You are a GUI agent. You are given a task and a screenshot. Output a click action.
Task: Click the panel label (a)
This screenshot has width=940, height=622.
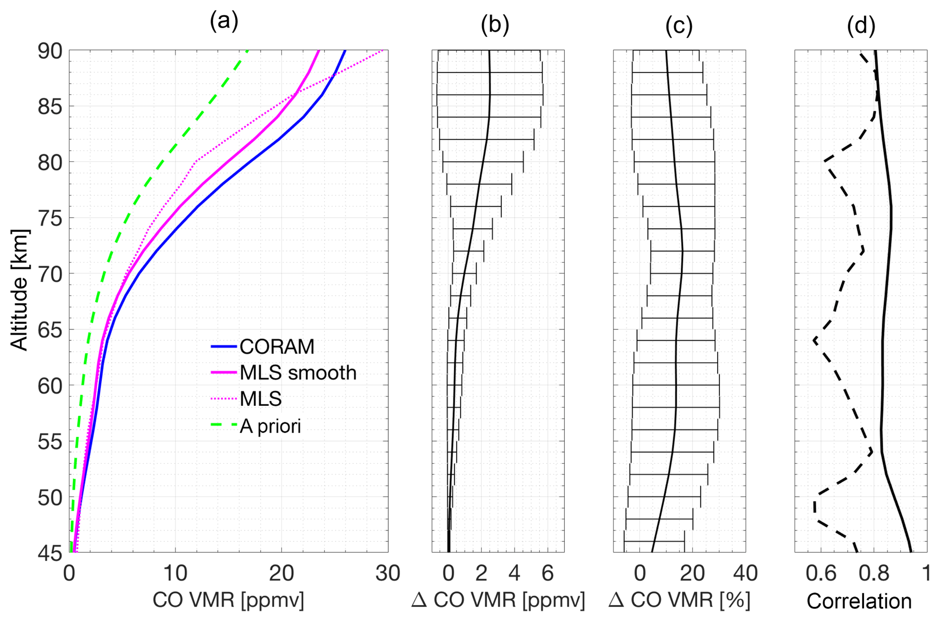click(224, 21)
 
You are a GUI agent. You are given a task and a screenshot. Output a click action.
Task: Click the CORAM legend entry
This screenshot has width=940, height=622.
click(276, 347)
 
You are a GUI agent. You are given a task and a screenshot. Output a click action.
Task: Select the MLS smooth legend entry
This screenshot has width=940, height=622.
click(298, 373)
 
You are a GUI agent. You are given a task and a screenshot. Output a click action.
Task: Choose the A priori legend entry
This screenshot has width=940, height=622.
click(270, 426)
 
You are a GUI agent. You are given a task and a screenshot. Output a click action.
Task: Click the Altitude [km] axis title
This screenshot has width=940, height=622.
click(19, 290)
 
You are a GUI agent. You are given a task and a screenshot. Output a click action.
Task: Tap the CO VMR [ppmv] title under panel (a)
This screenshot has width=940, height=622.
click(228, 600)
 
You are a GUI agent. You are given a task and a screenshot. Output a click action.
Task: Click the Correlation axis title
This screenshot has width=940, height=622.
click(859, 601)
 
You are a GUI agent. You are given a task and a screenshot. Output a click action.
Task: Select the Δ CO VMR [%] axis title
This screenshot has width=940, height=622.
click(679, 600)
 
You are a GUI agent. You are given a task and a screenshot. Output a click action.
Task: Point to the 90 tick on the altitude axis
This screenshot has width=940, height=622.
click(50, 51)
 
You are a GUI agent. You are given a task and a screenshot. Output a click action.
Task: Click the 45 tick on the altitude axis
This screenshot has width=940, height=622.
click(50, 553)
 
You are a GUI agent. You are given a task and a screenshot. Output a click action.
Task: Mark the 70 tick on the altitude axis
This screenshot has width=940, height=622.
click(50, 274)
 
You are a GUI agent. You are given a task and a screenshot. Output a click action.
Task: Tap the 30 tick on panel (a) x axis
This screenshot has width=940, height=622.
click(387, 573)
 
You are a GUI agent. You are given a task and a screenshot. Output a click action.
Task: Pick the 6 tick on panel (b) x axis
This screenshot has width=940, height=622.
click(548, 573)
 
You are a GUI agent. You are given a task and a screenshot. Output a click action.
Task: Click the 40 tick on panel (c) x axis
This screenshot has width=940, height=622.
click(745, 573)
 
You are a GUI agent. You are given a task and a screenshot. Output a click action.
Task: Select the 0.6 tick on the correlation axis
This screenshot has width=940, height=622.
click(821, 573)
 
